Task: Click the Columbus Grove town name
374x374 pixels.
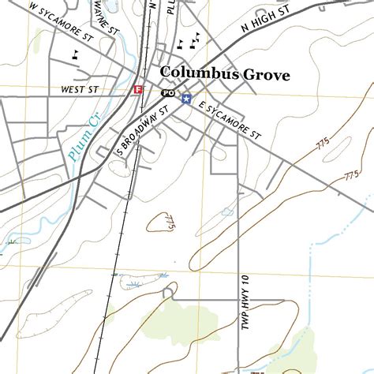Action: pyautogui.click(x=225, y=75)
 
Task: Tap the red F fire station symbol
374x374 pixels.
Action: pyautogui.click(x=139, y=90)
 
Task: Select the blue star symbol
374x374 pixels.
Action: pyautogui.click(x=186, y=99)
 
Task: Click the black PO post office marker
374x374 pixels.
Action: pyautogui.click(x=167, y=92)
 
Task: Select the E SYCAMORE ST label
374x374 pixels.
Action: pyautogui.click(x=230, y=121)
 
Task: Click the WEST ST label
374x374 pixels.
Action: pyautogui.click(x=78, y=91)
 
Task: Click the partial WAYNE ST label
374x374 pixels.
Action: pyautogui.click(x=102, y=12)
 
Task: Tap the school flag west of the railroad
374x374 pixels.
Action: pyautogui.click(x=76, y=54)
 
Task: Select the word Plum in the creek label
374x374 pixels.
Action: pyautogui.click(x=77, y=147)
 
